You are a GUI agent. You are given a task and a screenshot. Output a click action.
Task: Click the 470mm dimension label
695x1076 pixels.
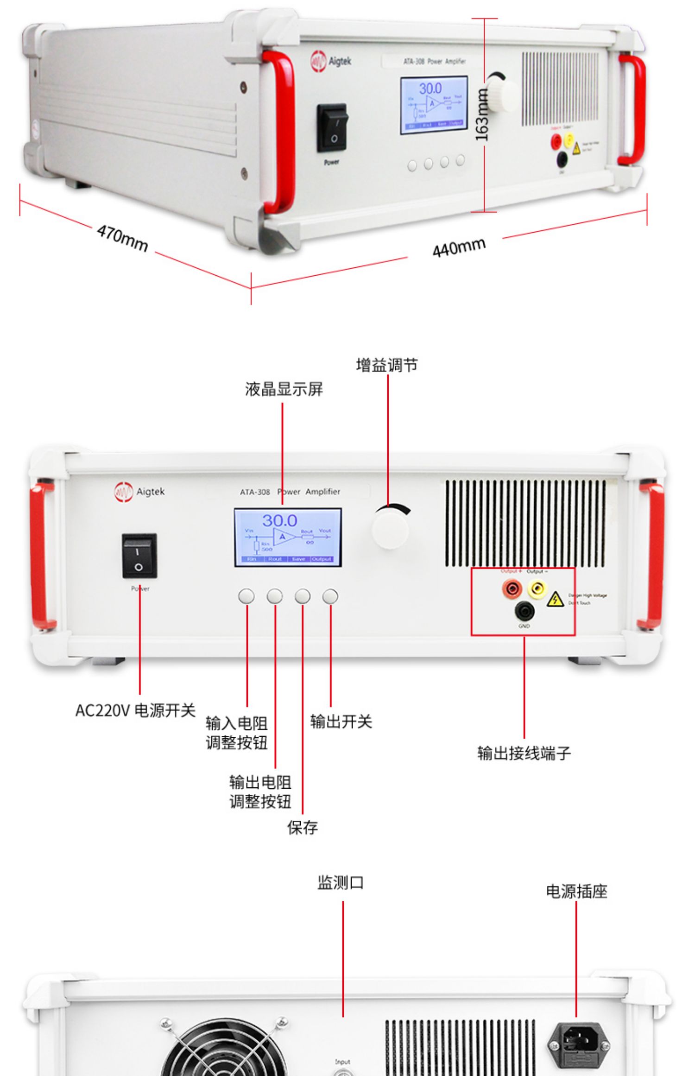click(122, 238)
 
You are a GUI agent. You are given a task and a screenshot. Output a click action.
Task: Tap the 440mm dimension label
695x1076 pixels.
click(459, 247)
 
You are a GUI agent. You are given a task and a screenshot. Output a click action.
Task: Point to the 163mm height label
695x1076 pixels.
click(482, 114)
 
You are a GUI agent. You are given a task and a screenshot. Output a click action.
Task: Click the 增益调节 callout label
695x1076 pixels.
click(387, 365)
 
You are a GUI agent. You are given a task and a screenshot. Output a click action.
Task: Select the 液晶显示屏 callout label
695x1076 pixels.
click(284, 389)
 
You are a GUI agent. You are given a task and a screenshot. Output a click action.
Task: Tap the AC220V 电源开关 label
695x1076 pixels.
click(135, 710)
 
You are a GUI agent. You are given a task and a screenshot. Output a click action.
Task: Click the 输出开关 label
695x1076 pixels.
click(341, 722)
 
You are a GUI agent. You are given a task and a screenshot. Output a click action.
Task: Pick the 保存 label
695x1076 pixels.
click(303, 827)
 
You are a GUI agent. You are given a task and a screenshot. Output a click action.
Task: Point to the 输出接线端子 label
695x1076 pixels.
click(524, 753)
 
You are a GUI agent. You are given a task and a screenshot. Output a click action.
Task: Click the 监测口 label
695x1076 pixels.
click(341, 883)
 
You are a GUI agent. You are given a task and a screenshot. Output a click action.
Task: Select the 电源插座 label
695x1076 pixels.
click(576, 891)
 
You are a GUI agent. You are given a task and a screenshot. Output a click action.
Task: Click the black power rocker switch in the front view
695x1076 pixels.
click(139, 556)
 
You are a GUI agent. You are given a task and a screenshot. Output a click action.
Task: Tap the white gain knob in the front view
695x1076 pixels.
click(391, 529)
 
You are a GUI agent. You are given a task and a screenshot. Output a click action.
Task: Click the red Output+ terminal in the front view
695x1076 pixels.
click(512, 589)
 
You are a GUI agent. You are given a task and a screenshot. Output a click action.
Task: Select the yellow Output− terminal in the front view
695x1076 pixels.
click(537, 589)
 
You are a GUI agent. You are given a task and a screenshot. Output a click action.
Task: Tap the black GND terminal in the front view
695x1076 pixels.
click(524, 611)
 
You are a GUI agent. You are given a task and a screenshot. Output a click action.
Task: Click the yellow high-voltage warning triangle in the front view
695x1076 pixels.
click(555, 600)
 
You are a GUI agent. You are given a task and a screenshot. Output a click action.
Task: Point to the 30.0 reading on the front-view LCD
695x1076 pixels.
click(279, 520)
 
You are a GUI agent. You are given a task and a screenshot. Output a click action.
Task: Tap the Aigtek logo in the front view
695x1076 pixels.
click(139, 492)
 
